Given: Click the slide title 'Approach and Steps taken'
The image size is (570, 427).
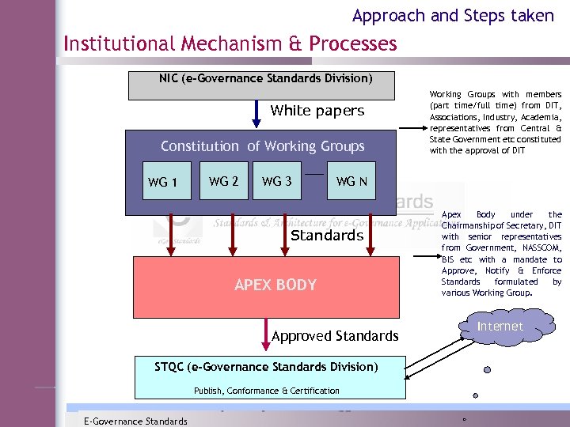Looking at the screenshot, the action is click(x=453, y=15).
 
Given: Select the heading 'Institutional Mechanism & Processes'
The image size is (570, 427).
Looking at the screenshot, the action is click(x=230, y=43).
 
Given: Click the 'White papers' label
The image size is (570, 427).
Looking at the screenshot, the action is click(x=317, y=111).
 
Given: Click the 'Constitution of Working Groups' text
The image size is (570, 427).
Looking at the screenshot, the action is click(x=262, y=146).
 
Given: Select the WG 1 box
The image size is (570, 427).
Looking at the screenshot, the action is click(x=162, y=183).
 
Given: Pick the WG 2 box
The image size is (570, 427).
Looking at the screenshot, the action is click(x=223, y=181).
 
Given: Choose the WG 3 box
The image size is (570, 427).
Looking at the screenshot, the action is click(x=276, y=181).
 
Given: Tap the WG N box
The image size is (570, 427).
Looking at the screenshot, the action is click(x=351, y=181).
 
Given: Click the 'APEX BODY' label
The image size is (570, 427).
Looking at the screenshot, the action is click(x=275, y=285).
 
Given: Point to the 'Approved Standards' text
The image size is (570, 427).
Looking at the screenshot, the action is click(x=335, y=336).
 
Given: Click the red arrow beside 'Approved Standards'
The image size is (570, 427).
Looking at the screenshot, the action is click(x=265, y=335).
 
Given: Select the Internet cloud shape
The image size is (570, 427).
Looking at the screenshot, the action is click(x=500, y=327).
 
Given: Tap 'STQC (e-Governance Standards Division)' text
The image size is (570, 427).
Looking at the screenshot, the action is click(x=266, y=367).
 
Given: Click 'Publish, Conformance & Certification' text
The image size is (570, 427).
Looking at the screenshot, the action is click(x=266, y=391).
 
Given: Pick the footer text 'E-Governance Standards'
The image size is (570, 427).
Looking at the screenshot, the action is click(x=135, y=421).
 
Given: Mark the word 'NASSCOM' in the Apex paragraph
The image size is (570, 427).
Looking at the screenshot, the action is click(x=540, y=248).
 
